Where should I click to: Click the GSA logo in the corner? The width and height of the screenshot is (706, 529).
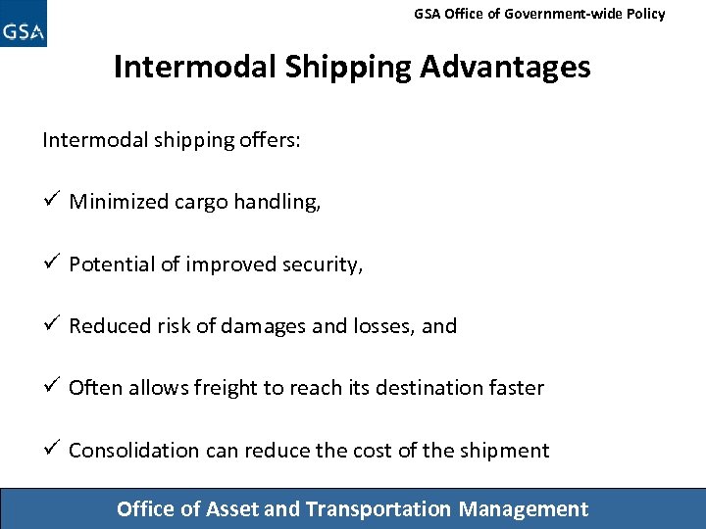tap(24, 24)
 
